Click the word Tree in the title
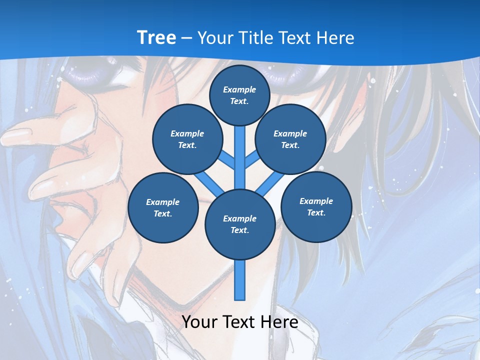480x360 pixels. point(156,37)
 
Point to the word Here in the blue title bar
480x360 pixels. point(335,37)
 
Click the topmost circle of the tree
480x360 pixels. point(239,95)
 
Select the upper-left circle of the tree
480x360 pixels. point(187,139)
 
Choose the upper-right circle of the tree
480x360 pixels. point(290,139)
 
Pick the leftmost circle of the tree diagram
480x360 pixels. point(163,207)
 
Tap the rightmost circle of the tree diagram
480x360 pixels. point(316,206)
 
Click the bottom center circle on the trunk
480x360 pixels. point(239,224)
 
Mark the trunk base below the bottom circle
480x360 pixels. point(240,280)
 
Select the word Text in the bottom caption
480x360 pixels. point(240,322)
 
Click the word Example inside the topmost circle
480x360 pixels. point(239,89)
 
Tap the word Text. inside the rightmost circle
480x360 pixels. point(316,212)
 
